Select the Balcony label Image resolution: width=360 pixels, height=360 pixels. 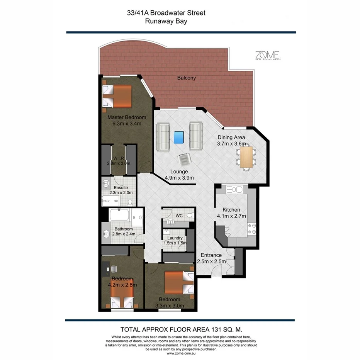[x=187, y=78]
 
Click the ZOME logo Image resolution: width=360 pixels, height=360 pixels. [x=267, y=55]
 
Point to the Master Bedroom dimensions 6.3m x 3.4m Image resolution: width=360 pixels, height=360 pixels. [x=127, y=124]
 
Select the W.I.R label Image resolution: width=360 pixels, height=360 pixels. [x=118, y=158]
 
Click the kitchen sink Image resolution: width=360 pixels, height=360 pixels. [x=234, y=189]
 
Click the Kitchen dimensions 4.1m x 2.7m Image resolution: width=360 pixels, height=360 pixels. [x=231, y=216]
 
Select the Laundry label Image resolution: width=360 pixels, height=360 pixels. [x=175, y=238]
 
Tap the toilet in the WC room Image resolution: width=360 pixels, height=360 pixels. [x=190, y=215]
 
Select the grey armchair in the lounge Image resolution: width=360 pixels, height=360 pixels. [x=183, y=159]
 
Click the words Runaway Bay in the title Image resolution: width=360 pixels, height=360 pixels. [x=166, y=22]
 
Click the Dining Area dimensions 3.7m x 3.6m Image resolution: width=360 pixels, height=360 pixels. [x=231, y=144]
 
